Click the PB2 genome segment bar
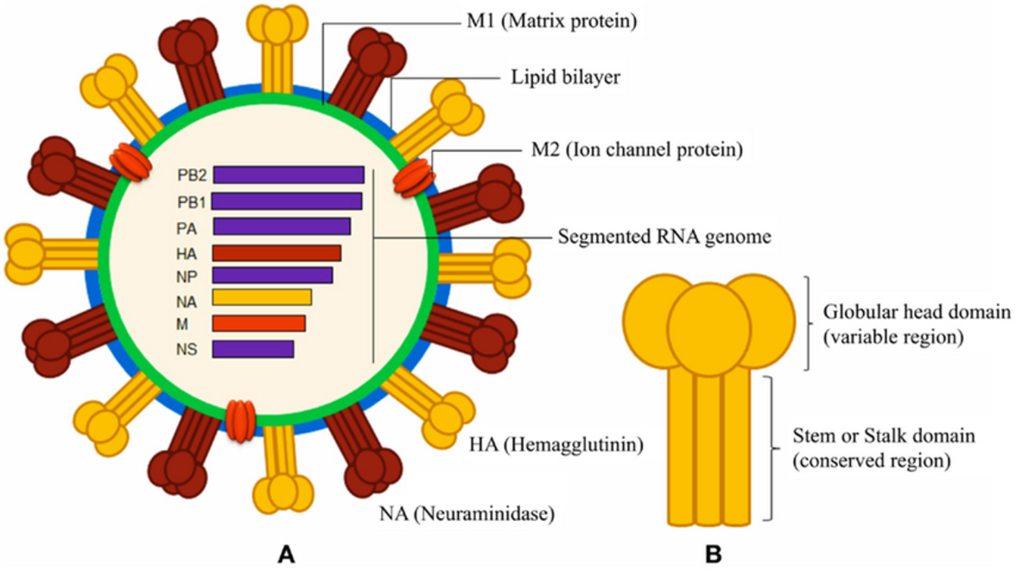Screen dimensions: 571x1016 289,174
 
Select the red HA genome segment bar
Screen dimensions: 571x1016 276,253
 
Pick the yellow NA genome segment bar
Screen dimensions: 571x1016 262,297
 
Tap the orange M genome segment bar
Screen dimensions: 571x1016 258,323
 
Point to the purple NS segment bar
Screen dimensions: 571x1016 253,349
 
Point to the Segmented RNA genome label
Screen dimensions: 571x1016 664,236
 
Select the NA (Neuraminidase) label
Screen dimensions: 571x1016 466,515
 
